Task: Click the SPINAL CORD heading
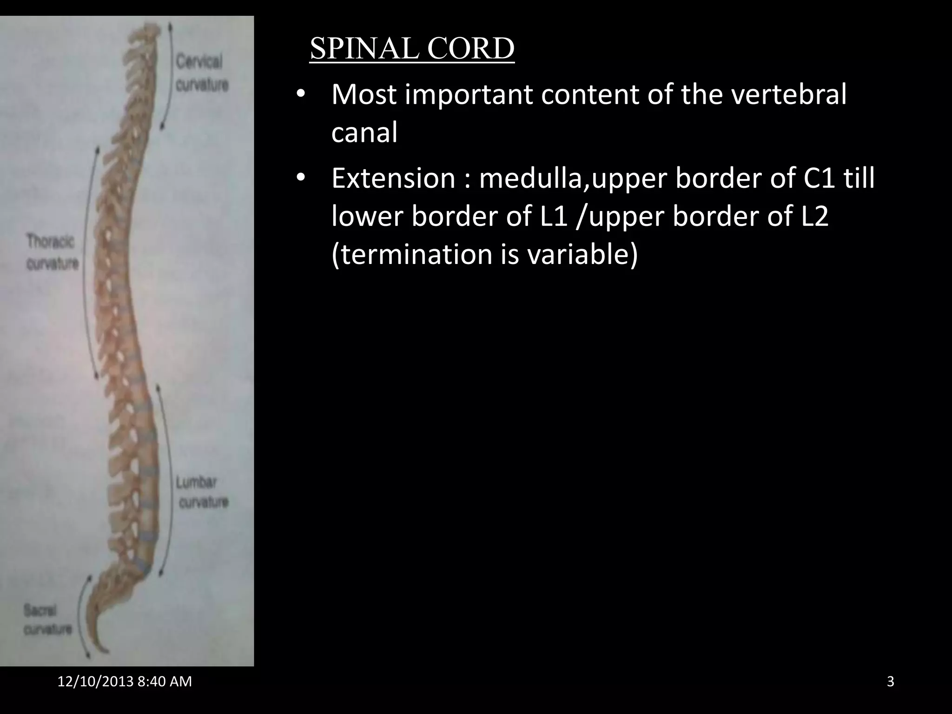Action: pyautogui.click(x=412, y=48)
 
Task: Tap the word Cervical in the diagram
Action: pyautogui.click(x=199, y=61)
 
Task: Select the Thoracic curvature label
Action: pyautogui.click(x=52, y=252)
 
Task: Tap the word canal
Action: pyautogui.click(x=364, y=132)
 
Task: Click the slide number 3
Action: pyautogui.click(x=890, y=681)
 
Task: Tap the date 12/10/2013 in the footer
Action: pyautogui.click(x=95, y=681)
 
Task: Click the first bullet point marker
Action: pyautogui.click(x=301, y=94)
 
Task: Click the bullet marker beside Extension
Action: pyautogui.click(x=301, y=178)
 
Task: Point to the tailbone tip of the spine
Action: pyautogui.click(x=105, y=650)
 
